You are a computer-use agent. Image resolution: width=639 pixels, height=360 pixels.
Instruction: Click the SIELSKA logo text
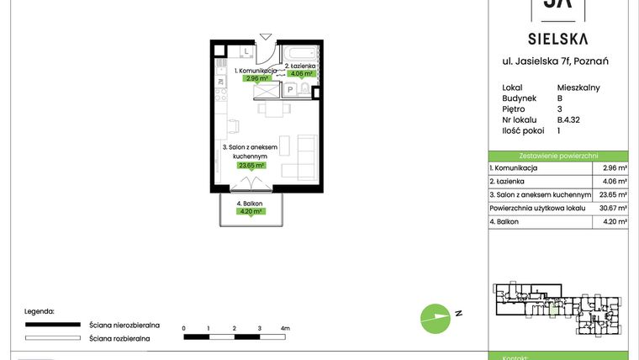pyautogui.click(x=557, y=38)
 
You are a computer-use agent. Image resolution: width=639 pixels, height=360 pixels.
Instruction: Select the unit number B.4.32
pyautogui.click(x=568, y=119)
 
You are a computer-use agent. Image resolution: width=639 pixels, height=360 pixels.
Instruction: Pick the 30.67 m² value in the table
pyautogui.click(x=610, y=208)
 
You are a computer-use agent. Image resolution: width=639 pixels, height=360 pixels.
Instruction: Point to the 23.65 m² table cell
pyautogui.click(x=610, y=194)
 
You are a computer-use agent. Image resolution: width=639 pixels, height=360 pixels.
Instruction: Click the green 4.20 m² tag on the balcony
pyautogui.click(x=251, y=211)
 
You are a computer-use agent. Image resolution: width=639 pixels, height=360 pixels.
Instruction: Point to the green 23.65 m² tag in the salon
pyautogui.click(x=251, y=166)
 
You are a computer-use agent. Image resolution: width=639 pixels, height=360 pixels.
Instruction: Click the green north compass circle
pyautogui.click(x=434, y=316)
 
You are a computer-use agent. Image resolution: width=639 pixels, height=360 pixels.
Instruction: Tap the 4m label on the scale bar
pyautogui.click(x=285, y=328)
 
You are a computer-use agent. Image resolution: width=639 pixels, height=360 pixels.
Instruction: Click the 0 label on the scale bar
pyautogui.click(x=183, y=328)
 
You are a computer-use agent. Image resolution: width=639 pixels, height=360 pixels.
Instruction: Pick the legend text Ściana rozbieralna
pyautogui.click(x=119, y=338)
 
